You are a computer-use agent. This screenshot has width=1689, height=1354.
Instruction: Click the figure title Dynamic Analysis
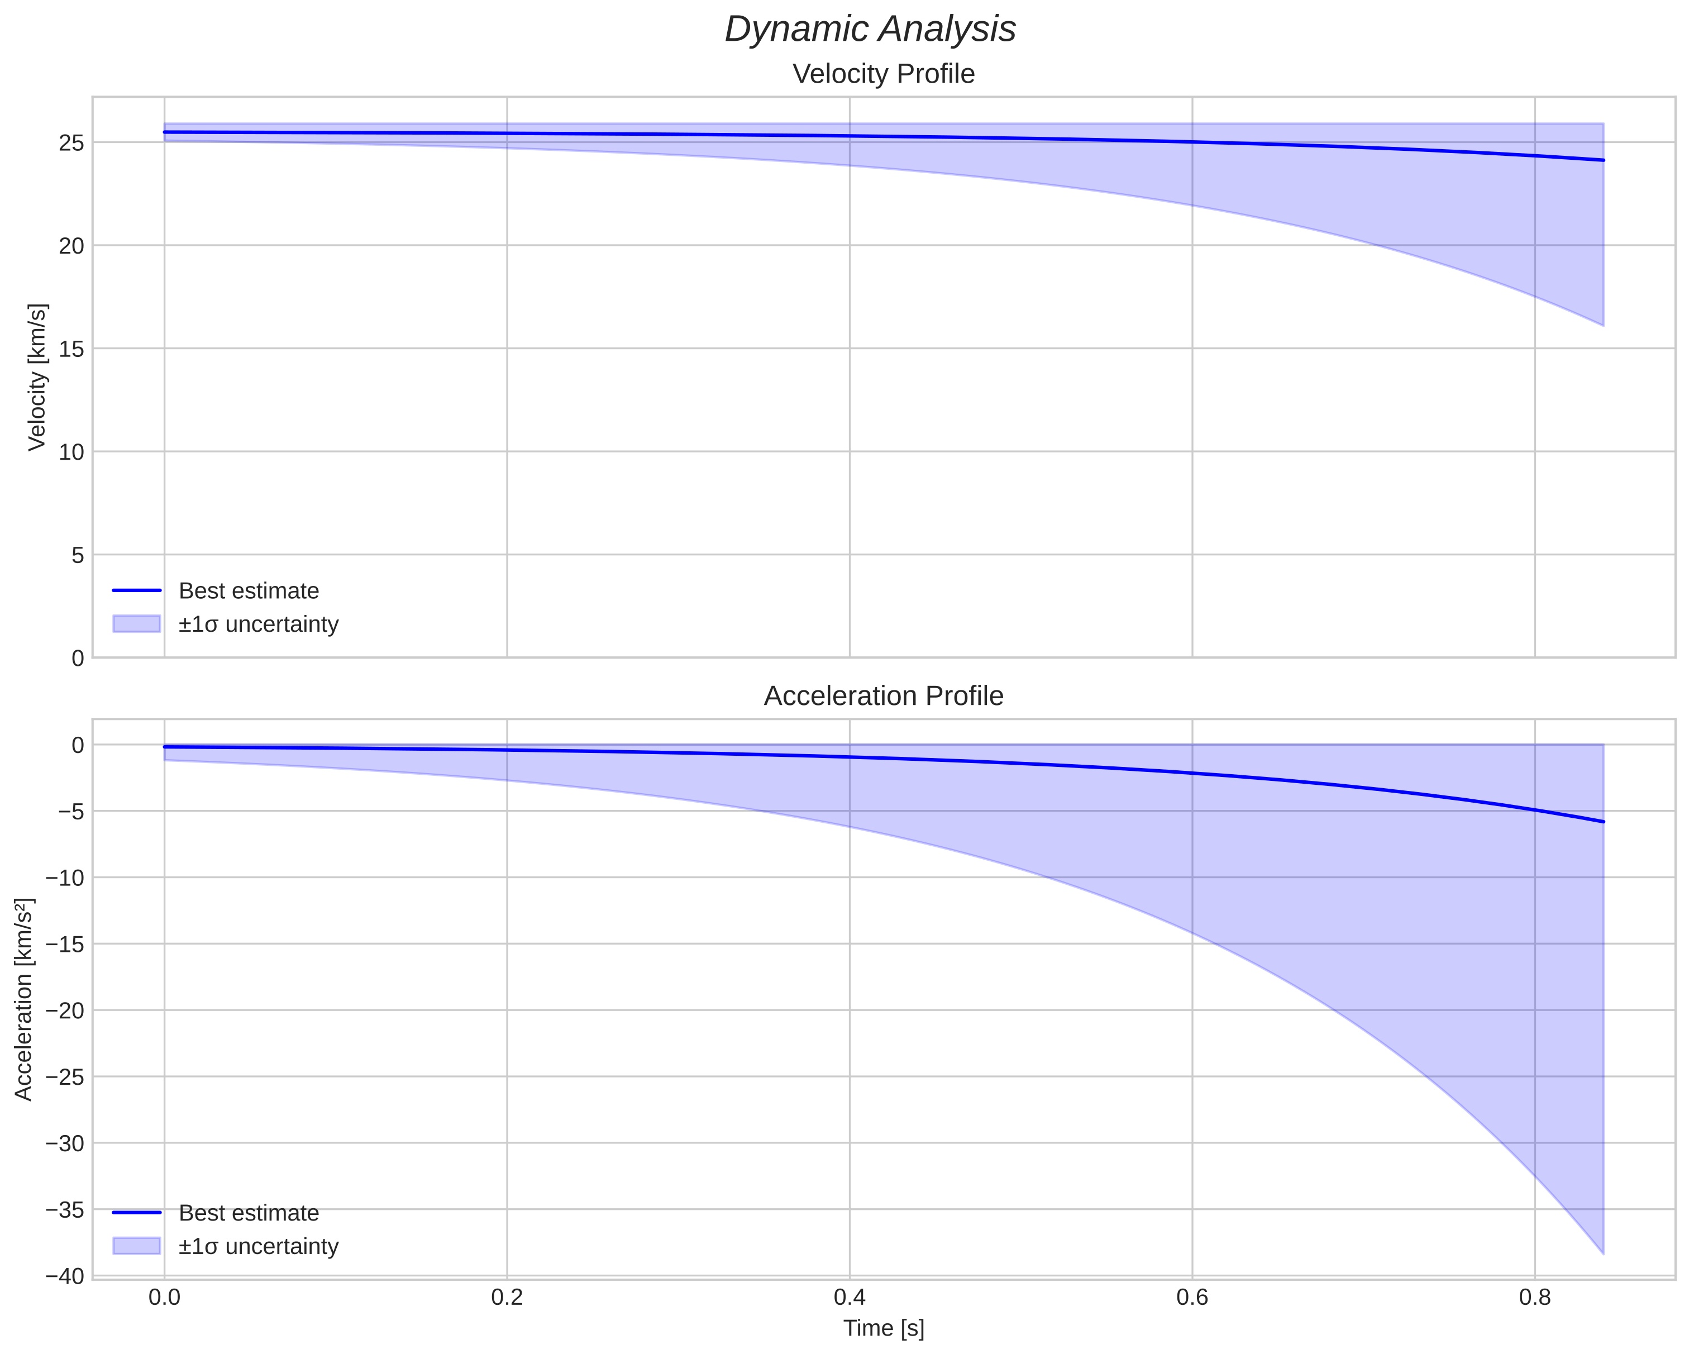[870, 30]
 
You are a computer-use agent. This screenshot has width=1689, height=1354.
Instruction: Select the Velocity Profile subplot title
[884, 74]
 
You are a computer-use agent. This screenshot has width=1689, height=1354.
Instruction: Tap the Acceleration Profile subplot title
[884, 696]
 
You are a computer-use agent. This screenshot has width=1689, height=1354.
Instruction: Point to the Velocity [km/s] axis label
[37, 377]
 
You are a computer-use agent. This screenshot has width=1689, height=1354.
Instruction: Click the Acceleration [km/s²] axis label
[23, 999]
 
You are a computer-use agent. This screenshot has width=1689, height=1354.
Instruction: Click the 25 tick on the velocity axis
[71, 142]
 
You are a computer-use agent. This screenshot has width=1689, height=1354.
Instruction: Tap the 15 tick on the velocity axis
[71, 349]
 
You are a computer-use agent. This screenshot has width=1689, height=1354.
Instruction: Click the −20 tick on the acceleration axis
[65, 1011]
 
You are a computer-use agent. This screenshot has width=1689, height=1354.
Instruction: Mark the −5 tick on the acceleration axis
[70, 812]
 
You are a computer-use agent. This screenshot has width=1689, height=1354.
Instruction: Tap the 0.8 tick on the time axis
[1535, 1298]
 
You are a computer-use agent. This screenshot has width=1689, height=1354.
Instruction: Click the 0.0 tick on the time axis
[165, 1298]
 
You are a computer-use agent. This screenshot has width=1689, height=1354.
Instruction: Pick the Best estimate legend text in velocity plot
[249, 591]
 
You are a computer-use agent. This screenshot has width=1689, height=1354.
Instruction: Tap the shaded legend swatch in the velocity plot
[136, 624]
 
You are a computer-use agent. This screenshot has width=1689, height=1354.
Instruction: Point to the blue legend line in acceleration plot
[136, 1213]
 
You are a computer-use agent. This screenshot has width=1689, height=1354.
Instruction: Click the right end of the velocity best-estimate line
[1603, 160]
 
